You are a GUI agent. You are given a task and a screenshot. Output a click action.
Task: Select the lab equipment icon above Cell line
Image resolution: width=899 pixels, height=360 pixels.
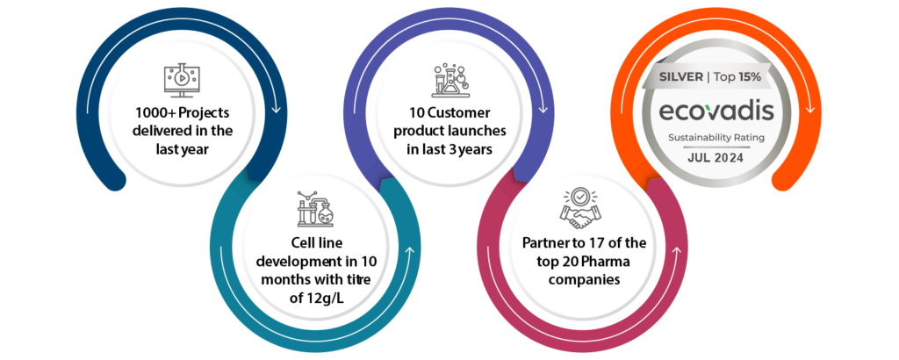click(x=315, y=210)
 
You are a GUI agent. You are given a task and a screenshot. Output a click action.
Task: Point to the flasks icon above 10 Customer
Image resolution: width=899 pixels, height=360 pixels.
click(x=449, y=80)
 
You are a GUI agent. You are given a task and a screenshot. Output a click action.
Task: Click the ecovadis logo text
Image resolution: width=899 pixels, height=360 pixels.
click(x=716, y=111)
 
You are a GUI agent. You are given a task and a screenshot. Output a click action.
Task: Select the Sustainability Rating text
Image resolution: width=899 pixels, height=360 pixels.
click(x=716, y=138)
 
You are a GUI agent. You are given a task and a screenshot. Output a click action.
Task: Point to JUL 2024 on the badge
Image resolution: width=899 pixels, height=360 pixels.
click(x=716, y=158)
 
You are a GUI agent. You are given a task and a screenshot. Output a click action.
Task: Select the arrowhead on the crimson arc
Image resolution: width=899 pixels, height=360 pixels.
click(x=676, y=252)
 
